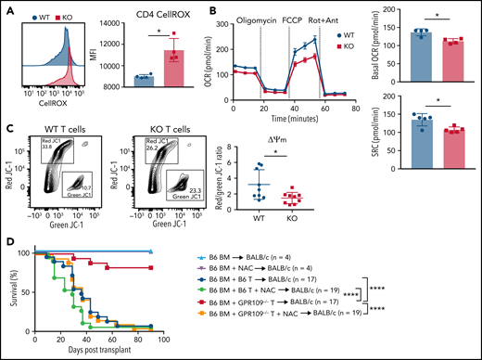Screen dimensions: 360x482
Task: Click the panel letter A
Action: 6,8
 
